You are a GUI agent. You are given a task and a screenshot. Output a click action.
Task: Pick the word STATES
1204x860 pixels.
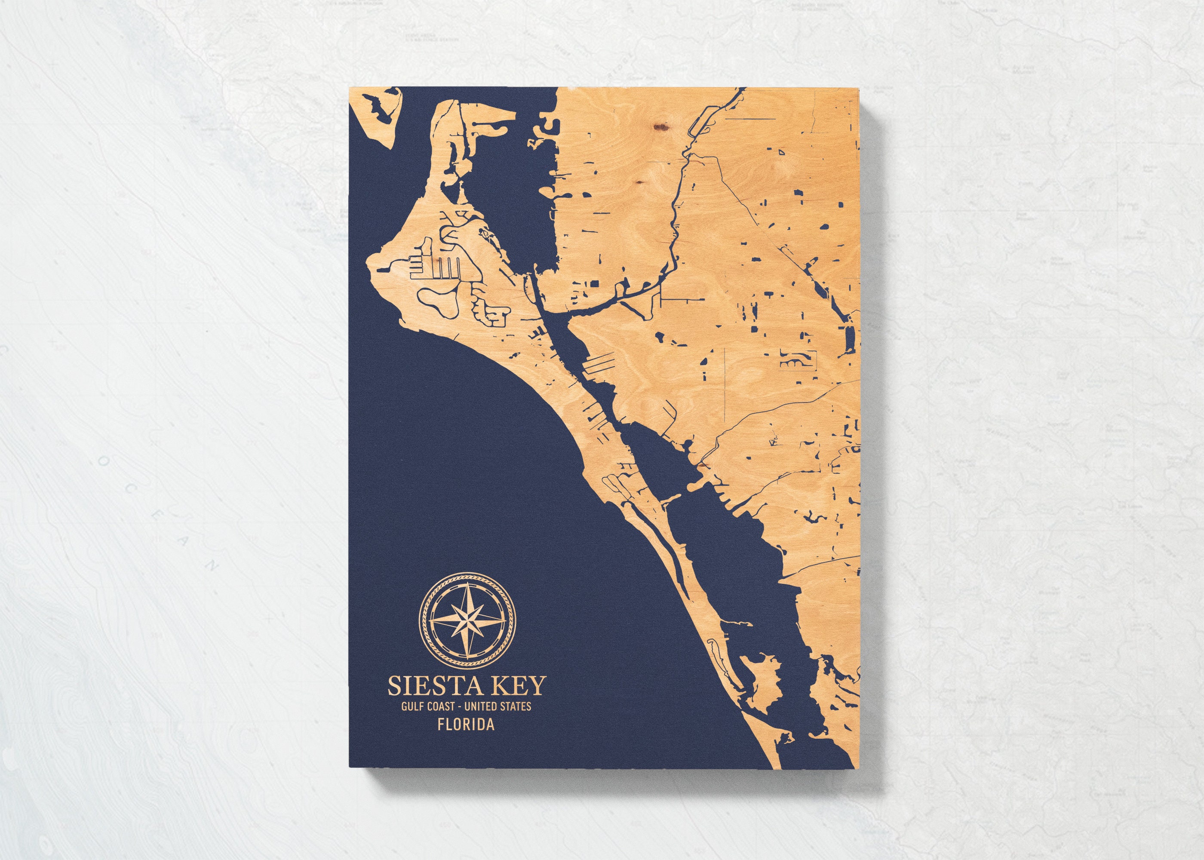(515, 707)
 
